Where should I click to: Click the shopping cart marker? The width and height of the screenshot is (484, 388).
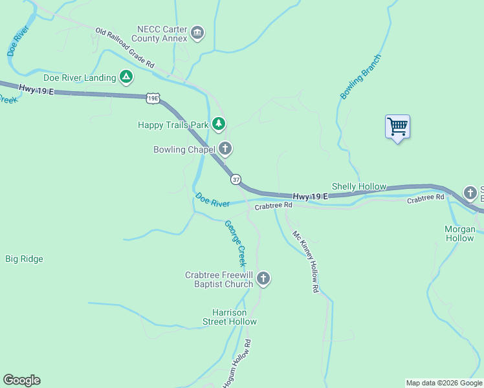tap(397, 126)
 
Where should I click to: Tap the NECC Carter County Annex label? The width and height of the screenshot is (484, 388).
tap(161, 34)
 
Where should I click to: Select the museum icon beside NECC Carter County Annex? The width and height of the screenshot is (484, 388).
tap(198, 33)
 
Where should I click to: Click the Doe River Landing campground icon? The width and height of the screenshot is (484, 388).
tap(126, 78)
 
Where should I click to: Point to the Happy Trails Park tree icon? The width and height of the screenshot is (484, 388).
tap(219, 123)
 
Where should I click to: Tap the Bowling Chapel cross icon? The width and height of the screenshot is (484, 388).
tap(225, 149)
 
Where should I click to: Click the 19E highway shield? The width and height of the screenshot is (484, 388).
tap(153, 98)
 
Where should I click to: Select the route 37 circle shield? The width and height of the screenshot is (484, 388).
tap(236, 179)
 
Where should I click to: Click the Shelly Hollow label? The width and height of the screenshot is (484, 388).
tap(358, 186)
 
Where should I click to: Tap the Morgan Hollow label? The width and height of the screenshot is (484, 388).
tap(459, 233)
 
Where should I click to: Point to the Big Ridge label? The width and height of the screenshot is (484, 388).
tap(24, 259)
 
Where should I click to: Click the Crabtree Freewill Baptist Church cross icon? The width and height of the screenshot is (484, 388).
tap(263, 279)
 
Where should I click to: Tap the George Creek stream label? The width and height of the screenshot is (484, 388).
tap(236, 244)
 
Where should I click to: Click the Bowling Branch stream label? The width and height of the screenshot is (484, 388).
tap(360, 76)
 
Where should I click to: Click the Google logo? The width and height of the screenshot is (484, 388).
tap(21, 380)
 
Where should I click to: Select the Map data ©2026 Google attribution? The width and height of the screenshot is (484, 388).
tap(444, 383)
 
